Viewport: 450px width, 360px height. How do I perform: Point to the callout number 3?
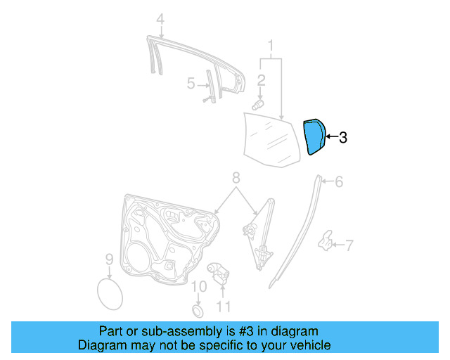342,138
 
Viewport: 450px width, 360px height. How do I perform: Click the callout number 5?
191,84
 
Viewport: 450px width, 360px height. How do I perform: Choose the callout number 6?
339,182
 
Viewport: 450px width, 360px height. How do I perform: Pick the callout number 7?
349,245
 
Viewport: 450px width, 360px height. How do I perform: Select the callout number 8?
236,178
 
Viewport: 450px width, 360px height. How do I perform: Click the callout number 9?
109,260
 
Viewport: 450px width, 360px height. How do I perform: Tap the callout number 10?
199,286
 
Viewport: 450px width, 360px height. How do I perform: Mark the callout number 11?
223,306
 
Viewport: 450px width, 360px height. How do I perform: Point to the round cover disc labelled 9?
109,292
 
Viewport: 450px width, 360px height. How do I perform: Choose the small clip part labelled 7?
327,240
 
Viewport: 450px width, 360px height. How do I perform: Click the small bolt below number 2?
257,104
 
